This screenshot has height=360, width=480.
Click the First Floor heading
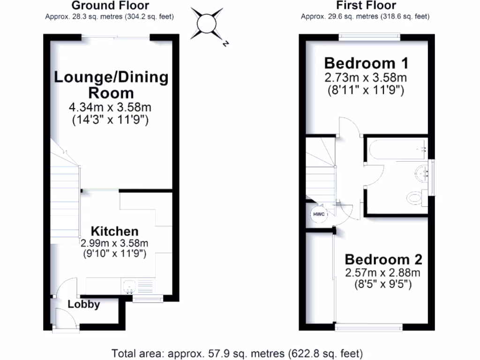pyautogui.click(x=366, y=6)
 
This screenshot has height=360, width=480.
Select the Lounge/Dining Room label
pyautogui.click(x=111, y=84)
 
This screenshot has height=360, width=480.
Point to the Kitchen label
pyautogui.click(x=114, y=231)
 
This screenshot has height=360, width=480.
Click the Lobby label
pyautogui.click(x=84, y=304)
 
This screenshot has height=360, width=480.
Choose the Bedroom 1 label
pyautogui.click(x=366, y=63)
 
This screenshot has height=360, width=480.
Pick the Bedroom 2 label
pyautogui.click(x=383, y=259)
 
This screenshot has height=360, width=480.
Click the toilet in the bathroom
pyautogui.click(x=415, y=197)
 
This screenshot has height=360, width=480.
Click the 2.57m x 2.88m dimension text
pyautogui.click(x=383, y=273)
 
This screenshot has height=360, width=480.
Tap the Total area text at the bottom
pyautogui.click(x=237, y=352)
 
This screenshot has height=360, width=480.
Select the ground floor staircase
pyautogui.click(x=65, y=197)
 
